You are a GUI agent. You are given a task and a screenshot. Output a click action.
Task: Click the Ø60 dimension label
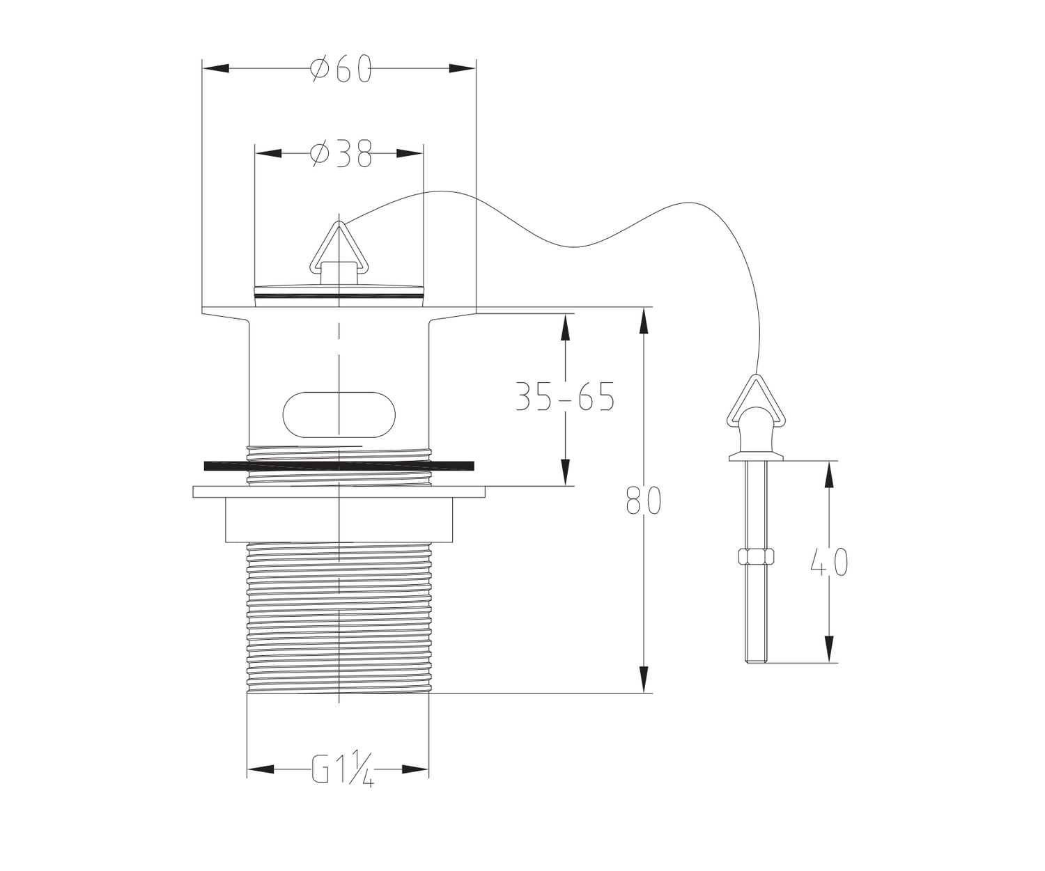pos(341,68)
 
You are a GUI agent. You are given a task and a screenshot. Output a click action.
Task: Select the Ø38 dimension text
pos(341,153)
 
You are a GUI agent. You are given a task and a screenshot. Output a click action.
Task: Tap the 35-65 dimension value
pos(565,396)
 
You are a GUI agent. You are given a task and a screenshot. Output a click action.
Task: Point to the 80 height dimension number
pos(644,501)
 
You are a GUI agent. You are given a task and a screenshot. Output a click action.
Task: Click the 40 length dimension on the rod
pos(829,562)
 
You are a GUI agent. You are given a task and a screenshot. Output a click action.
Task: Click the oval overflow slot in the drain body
pos(339,415)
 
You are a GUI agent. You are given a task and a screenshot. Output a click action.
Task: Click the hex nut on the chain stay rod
pos(756,556)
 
